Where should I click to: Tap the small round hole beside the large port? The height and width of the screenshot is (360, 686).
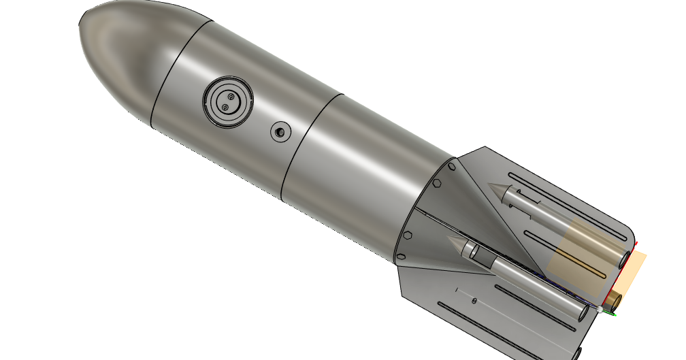click(280, 131)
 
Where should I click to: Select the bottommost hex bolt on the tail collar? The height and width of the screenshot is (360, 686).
click(401, 257)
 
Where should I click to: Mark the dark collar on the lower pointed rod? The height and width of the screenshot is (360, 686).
click(479, 257)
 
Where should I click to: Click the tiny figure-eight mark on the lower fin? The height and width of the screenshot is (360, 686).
click(474, 300)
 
